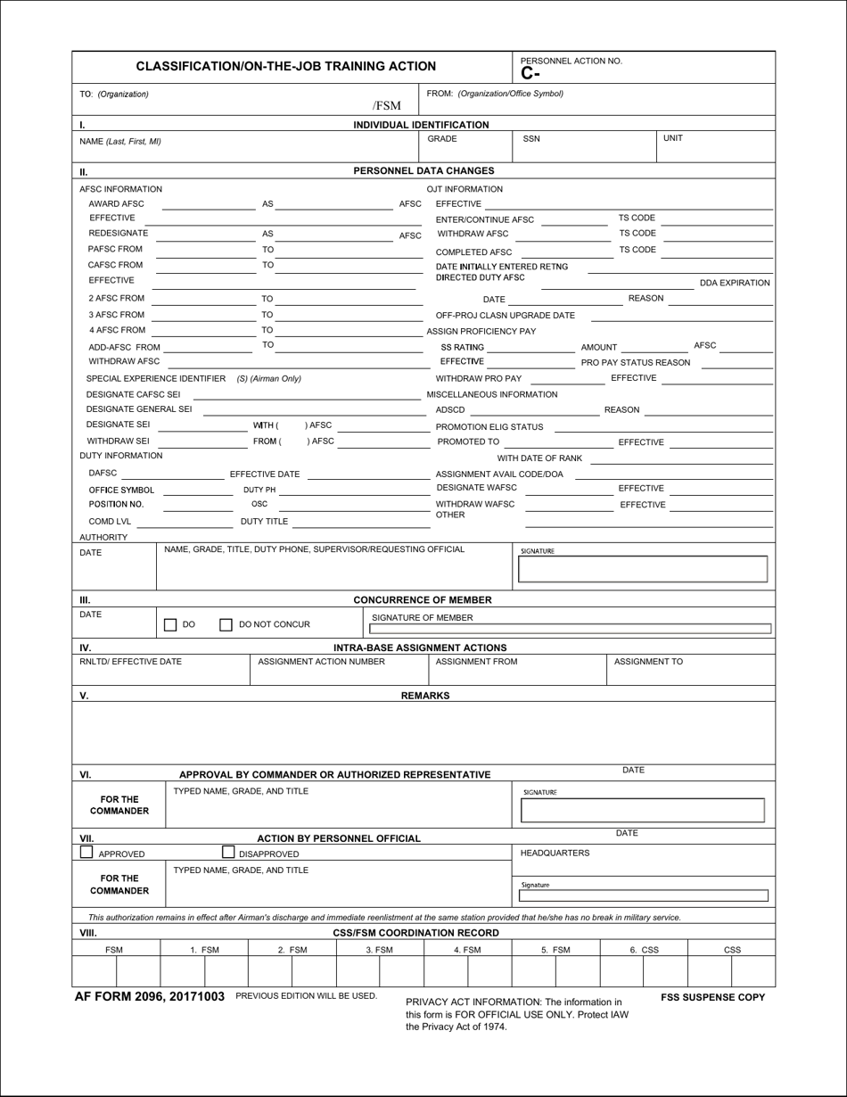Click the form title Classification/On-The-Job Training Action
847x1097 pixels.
[x=285, y=66]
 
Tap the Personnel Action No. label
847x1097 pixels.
[x=572, y=61]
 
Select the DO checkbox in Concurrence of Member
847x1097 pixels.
[x=170, y=625]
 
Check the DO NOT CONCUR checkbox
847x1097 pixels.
[x=226, y=625]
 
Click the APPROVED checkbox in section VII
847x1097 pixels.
[x=86, y=853]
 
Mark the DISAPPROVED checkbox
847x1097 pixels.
[x=227, y=853]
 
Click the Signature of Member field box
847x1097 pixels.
[x=571, y=629]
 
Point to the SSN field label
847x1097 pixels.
[x=531, y=139]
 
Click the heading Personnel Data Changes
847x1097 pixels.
[x=423, y=170]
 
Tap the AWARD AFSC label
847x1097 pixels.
[x=116, y=204]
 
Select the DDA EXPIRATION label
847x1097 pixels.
[x=734, y=283]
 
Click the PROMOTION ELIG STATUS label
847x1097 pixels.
[x=489, y=427]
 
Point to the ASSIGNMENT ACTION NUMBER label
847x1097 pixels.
[x=321, y=662]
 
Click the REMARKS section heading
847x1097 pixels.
[x=424, y=696]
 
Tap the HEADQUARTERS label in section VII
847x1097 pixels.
[x=555, y=854]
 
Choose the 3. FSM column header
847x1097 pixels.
[x=379, y=950]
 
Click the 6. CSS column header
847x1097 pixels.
[x=644, y=950]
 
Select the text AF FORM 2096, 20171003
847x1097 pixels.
[x=151, y=997]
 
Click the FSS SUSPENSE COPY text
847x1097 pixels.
[x=712, y=997]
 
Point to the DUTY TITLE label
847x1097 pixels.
[x=264, y=522]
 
